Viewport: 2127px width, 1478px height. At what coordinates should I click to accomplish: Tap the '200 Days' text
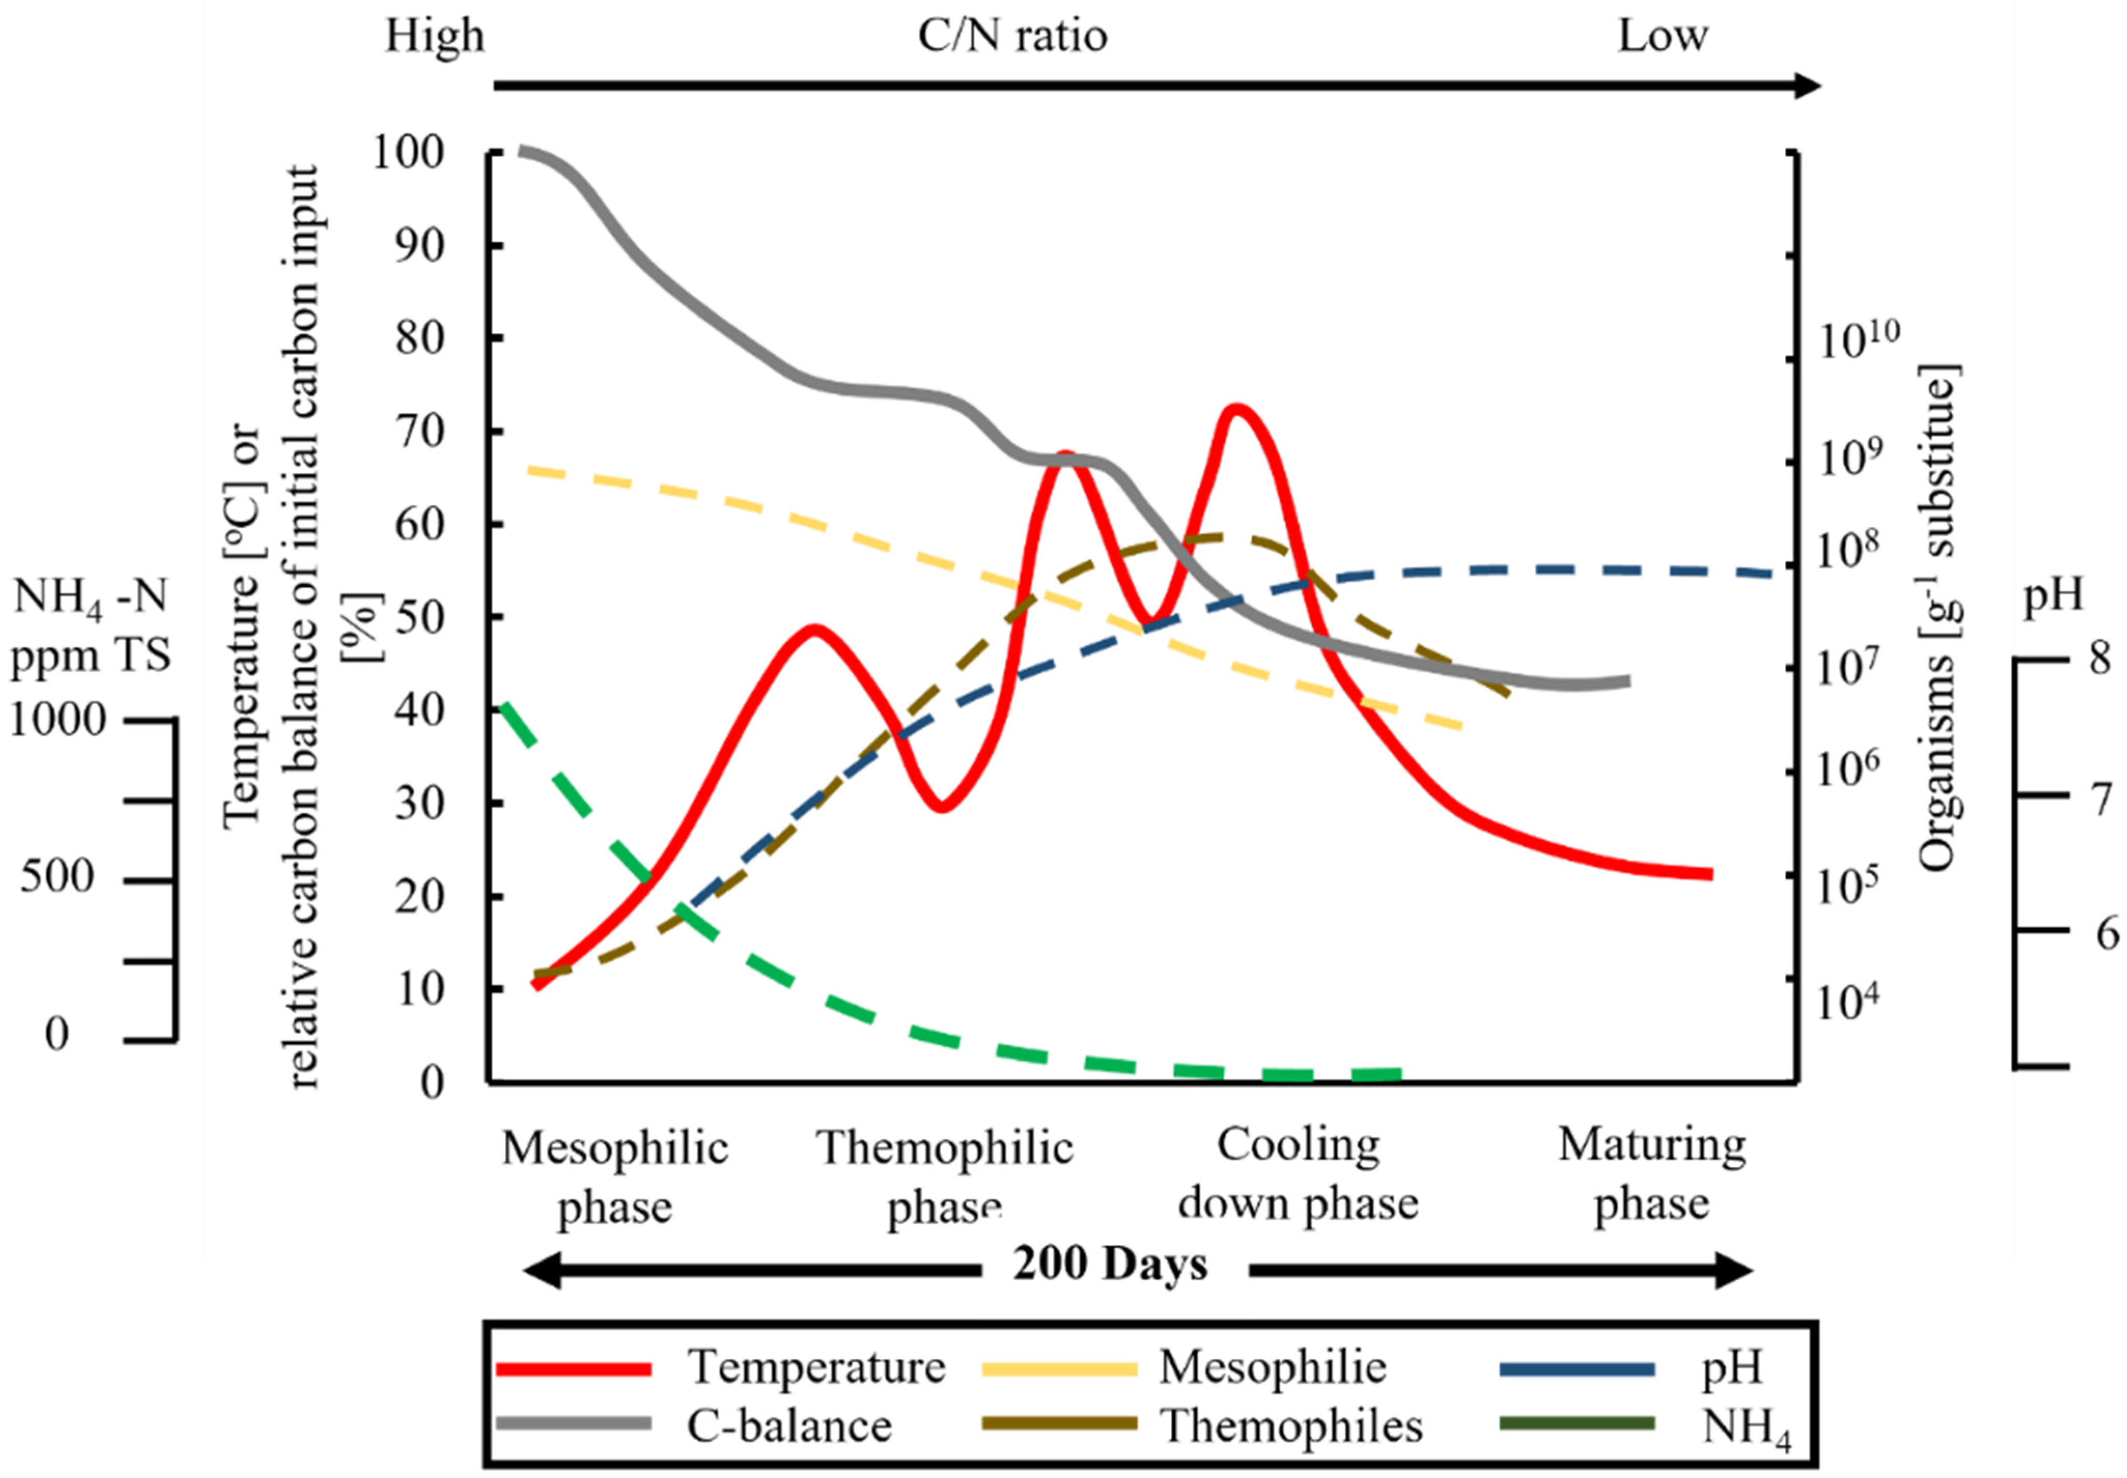(1110, 1265)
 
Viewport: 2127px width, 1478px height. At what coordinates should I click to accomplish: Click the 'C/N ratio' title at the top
(1012, 37)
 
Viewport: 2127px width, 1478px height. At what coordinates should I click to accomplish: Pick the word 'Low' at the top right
(1662, 37)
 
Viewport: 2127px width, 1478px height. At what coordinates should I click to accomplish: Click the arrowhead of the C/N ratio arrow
(1807, 86)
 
